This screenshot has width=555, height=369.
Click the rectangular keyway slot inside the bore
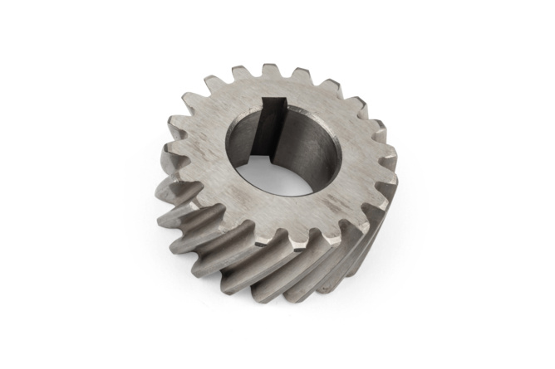[269, 129]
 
